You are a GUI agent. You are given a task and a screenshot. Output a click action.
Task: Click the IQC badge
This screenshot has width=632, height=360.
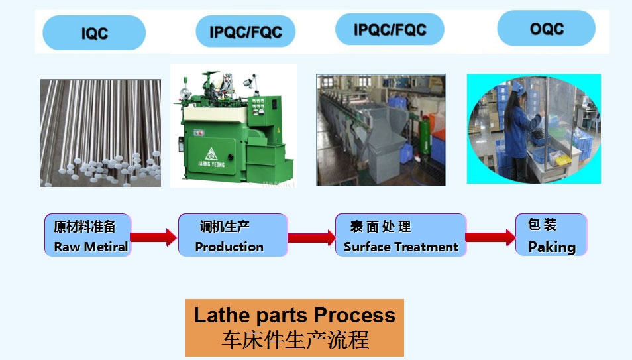[94, 32]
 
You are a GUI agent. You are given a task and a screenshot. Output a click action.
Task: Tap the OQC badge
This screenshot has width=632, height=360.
[546, 29]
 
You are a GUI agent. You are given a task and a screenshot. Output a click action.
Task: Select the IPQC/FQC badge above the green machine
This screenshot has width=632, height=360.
[246, 31]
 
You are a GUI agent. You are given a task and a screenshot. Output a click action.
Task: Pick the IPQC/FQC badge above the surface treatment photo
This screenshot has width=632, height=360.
[390, 29]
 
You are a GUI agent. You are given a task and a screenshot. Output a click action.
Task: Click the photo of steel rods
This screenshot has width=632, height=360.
[100, 133]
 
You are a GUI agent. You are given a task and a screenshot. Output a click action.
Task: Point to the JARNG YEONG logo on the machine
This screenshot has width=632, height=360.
[211, 158]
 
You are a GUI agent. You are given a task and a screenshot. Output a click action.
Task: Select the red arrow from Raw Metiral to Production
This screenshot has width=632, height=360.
[154, 237]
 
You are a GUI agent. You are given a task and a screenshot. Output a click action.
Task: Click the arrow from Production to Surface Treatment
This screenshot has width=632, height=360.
[311, 237]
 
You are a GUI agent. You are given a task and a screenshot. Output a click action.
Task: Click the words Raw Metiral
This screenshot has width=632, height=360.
[91, 247]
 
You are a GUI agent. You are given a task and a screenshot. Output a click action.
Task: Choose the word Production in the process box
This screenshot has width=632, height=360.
[229, 247]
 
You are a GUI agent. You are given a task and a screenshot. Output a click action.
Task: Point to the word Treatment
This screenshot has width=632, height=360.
[427, 247]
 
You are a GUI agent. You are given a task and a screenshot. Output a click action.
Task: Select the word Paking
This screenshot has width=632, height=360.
[552, 247]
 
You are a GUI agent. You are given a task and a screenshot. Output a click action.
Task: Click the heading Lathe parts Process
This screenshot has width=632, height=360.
[295, 315]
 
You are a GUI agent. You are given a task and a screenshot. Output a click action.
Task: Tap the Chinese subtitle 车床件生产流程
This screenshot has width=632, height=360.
[295, 340]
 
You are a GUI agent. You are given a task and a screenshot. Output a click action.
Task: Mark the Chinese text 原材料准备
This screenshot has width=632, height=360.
[85, 227]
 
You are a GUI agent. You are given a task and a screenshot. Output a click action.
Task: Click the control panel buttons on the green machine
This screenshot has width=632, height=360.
[258, 105]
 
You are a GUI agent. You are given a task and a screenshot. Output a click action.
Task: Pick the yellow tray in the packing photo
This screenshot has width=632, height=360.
[562, 160]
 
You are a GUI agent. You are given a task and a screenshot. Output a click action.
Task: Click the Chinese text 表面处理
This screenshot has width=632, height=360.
[380, 227]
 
